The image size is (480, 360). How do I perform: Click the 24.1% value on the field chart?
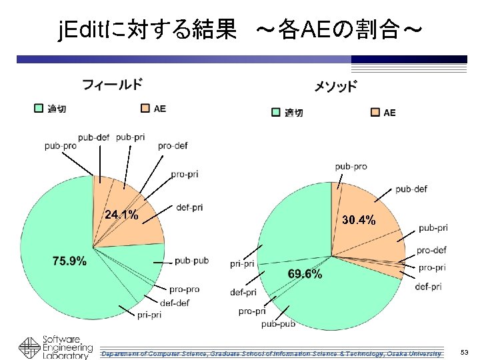pos(121,215)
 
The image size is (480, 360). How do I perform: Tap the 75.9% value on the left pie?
pos(69,261)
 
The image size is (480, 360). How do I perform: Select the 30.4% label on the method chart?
pos(359,219)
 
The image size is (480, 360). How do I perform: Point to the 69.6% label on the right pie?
pos(305,274)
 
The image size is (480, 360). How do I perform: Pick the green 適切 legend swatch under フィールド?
pos(39,108)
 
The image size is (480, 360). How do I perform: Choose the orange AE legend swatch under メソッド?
pos(375,112)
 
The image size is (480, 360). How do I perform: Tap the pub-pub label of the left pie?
pos(192,261)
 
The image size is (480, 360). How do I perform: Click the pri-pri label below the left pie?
pos(149,315)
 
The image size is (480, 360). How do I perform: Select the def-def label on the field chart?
pos(175,302)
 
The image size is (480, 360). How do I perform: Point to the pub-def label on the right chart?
pos(411,189)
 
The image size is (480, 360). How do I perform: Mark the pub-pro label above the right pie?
pos(351,166)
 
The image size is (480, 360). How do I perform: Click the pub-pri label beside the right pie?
pos(433,228)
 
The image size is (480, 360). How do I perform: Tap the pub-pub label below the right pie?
pos(278,324)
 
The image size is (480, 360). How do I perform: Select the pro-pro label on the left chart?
pos(184,289)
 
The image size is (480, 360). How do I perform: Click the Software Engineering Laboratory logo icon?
pos(29,348)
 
